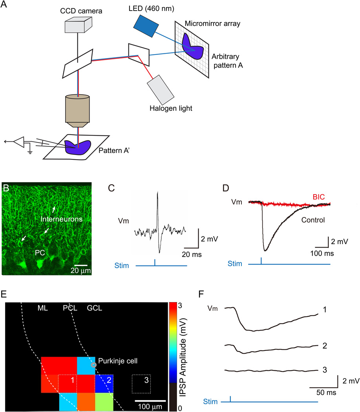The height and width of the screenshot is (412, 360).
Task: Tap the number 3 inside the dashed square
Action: pos(146,380)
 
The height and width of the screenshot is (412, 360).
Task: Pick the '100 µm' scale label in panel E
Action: pos(151,406)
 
